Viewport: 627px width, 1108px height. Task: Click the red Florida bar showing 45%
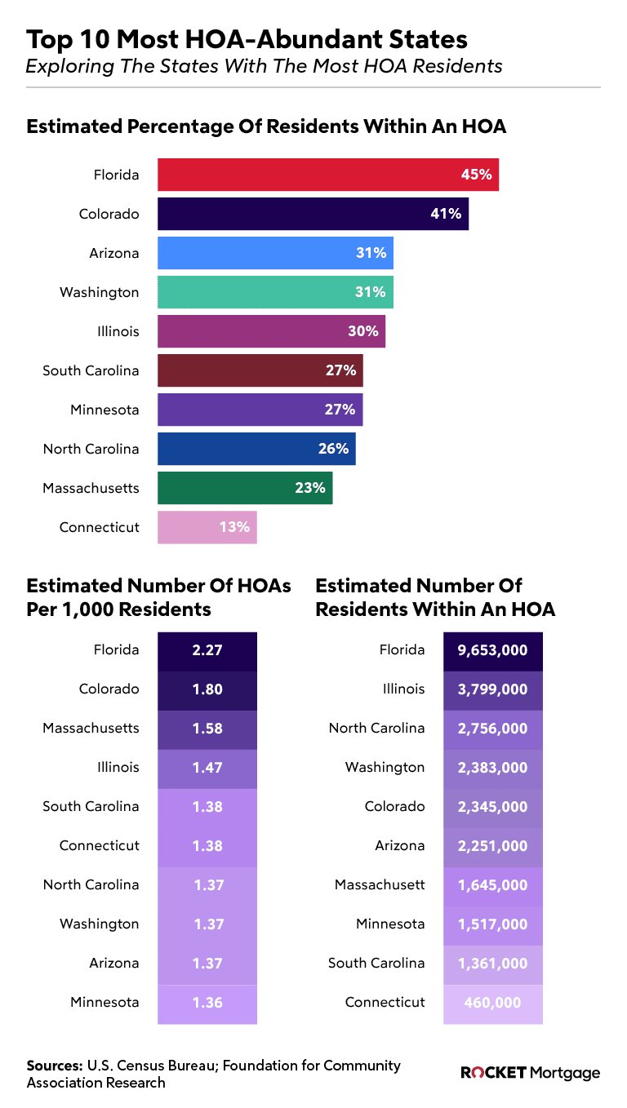327,175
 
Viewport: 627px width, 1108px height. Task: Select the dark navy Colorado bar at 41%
313,214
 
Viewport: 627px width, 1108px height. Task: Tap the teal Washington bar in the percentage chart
275,292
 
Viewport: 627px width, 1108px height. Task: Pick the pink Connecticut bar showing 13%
207,527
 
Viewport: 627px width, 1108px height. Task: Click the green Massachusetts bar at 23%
245,488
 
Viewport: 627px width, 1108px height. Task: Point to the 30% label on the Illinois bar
363,331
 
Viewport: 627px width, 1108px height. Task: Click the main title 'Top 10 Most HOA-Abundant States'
247,39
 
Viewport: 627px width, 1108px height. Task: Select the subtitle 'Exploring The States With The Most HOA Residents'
264,66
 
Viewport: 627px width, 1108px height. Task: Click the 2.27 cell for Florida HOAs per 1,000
207,650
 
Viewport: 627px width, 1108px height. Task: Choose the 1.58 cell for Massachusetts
207,729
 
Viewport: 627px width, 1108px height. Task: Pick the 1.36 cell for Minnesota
207,1003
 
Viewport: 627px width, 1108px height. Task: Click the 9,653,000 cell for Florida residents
492,650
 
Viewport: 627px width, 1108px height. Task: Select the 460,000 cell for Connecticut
492,1003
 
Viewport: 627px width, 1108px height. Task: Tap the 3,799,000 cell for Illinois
492,689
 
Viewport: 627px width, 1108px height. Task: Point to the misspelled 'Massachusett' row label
380,884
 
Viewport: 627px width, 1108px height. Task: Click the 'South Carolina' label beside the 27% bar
91,370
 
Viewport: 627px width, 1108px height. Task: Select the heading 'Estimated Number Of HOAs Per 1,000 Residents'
158,597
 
